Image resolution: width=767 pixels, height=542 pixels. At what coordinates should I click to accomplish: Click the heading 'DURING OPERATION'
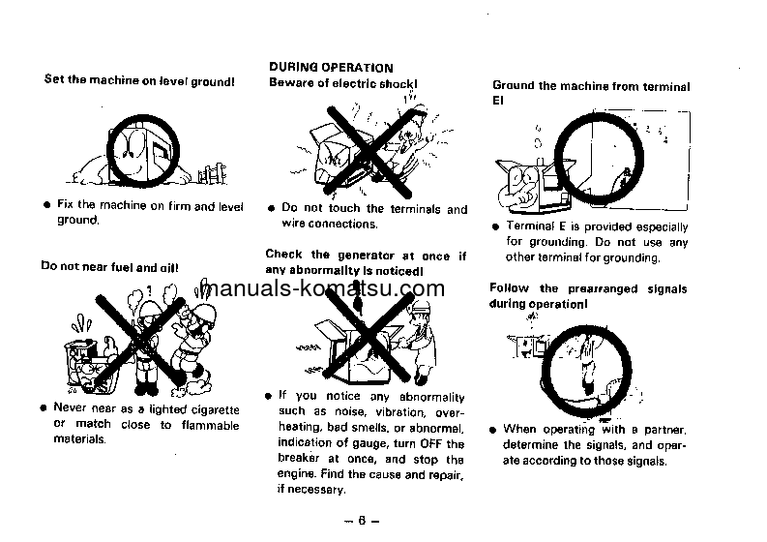tap(331, 68)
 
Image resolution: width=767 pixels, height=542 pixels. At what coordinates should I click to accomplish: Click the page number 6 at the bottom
tap(360, 520)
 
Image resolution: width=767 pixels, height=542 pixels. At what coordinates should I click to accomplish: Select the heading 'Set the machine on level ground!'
tap(139, 80)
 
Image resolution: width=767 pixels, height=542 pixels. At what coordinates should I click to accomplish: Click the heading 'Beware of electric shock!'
tap(342, 83)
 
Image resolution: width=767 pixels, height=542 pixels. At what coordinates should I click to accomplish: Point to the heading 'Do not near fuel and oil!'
tap(109, 265)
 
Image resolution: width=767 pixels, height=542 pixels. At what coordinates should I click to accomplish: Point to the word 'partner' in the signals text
tap(662, 429)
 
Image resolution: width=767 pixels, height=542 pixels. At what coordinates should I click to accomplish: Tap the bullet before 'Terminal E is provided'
tap(494, 226)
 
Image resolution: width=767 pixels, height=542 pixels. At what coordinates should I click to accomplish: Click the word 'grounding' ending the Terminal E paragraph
tap(631, 258)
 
